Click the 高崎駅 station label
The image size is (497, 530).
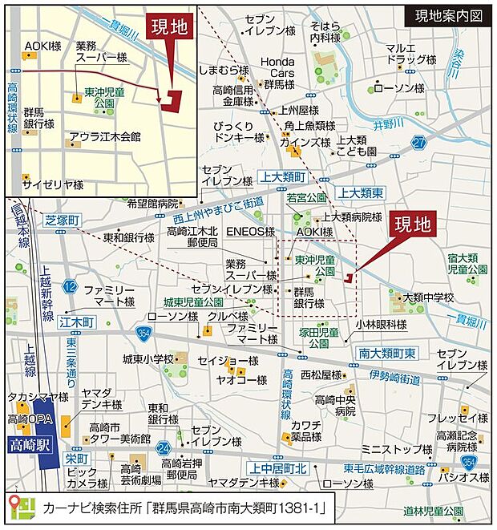tap(29, 444)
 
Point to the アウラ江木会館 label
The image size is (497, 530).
tap(104, 136)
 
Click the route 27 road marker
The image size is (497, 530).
tap(418, 143)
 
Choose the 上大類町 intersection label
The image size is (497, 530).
tap(284, 176)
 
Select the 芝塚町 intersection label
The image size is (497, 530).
tap(64, 220)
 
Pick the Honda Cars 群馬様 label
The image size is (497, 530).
tap(278, 73)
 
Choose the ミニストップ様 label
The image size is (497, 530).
tap(386, 450)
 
